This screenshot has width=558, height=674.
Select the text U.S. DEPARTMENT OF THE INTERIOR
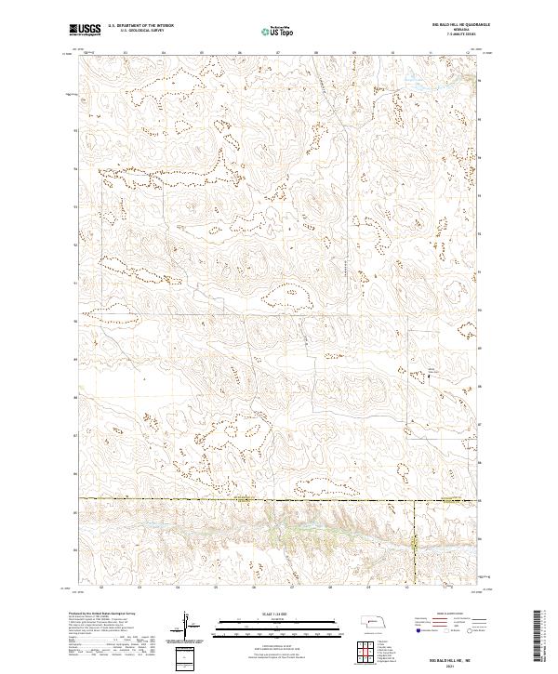(140, 26)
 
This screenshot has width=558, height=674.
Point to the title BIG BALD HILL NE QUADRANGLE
(440, 25)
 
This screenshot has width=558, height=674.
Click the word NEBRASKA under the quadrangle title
(440, 30)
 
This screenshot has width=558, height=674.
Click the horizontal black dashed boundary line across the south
(232, 498)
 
